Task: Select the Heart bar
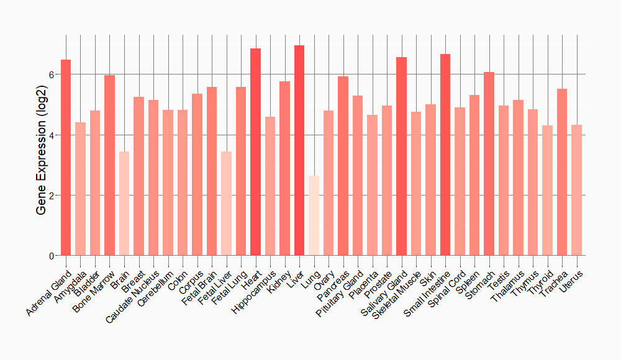(255, 152)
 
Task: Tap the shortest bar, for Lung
(314, 215)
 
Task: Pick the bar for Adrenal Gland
(66, 158)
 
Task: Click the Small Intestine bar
(445, 155)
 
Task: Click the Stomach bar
(489, 164)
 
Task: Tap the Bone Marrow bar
(109, 165)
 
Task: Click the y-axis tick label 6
(52, 74)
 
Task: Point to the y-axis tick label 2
(52, 196)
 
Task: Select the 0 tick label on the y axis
(52, 256)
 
